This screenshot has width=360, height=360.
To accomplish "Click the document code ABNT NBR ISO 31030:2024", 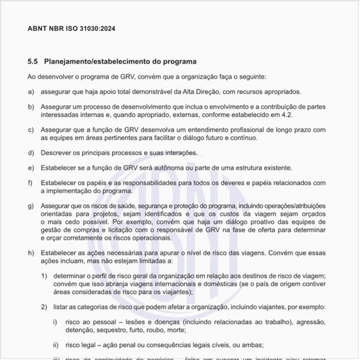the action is pos(71,29).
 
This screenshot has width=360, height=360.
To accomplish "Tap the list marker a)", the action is pos(31,92).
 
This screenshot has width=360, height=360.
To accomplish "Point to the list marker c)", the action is pos(31,130).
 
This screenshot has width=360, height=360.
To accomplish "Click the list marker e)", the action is pos(31,168).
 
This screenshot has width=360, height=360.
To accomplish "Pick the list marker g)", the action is pos(31,206).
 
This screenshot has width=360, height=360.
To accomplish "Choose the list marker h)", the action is pos(31,252).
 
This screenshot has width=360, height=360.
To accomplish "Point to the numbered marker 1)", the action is pos(44,276).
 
